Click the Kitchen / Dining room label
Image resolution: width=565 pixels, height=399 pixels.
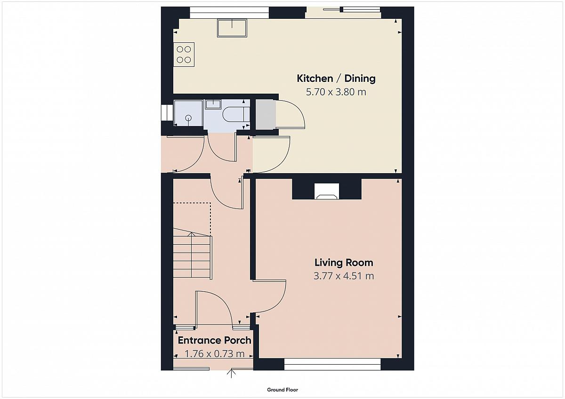click(336, 79)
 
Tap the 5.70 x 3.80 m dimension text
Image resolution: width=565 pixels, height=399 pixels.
click(336, 92)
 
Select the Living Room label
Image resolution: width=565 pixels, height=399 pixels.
click(344, 263)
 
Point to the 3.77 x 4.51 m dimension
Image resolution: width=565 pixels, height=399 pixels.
click(344, 276)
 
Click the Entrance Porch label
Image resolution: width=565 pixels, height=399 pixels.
click(214, 340)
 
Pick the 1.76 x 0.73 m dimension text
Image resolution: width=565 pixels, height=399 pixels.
click(214, 354)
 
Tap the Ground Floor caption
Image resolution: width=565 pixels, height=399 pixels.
click(282, 390)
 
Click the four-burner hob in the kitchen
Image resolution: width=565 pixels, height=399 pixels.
click(184, 55)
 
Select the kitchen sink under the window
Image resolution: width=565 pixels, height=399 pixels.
click(232, 28)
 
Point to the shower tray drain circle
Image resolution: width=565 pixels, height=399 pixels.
click(188, 118)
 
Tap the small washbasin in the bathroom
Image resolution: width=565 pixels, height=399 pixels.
click(213, 104)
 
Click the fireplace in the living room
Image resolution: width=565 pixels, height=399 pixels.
click(327, 192)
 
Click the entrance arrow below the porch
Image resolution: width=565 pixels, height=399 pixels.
click(231, 374)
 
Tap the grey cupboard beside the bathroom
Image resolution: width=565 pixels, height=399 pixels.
click(266, 115)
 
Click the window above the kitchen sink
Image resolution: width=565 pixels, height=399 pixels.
click(229, 13)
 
